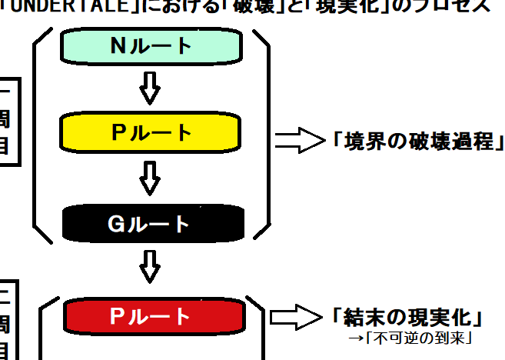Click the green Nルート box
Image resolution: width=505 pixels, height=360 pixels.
(x=151, y=46)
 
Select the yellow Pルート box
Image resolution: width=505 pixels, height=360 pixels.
(x=151, y=133)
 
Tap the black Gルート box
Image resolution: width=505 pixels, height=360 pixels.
(x=151, y=224)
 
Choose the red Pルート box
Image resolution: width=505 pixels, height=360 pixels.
(x=151, y=316)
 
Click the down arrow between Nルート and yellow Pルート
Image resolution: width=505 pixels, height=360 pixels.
(x=151, y=89)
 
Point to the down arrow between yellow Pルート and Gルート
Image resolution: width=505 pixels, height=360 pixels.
(x=151, y=178)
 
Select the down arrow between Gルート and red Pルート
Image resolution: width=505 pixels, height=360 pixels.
(x=151, y=268)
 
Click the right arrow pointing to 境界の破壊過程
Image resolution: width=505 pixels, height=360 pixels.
(x=301, y=140)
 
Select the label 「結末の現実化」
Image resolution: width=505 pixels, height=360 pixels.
(x=408, y=317)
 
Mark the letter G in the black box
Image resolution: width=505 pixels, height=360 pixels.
(x=115, y=224)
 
